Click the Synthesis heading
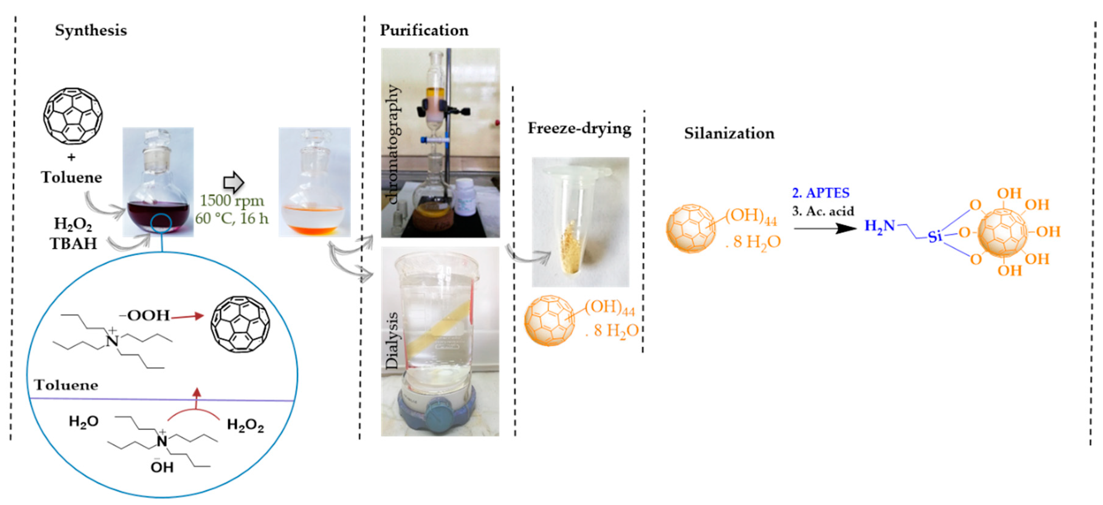pyautogui.click(x=91, y=30)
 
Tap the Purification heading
pyautogui.click(x=424, y=30)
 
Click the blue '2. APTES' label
pyautogui.click(x=820, y=193)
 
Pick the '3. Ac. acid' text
pyautogui.click(x=823, y=211)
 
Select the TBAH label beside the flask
pyautogui.click(x=73, y=244)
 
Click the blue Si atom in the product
pyautogui.click(x=935, y=236)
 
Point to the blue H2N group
pyautogui.click(x=879, y=226)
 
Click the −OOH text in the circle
pyautogui.click(x=145, y=316)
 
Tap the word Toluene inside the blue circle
pyautogui.click(x=66, y=385)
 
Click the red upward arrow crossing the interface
pyautogui.click(x=197, y=398)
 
